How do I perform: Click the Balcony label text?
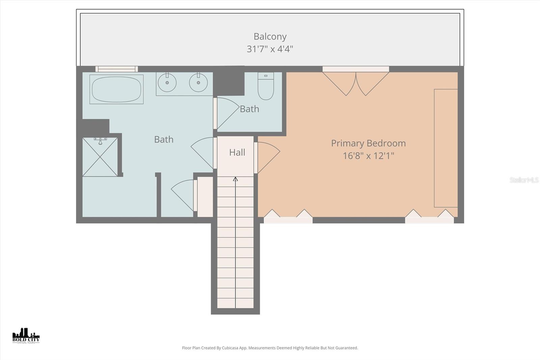coord(270,36)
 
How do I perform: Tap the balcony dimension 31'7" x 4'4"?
coord(270,49)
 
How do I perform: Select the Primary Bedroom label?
coord(368,143)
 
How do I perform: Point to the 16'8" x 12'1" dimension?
coord(368,156)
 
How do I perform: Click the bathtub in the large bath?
coord(116,89)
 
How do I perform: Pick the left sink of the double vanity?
coord(167,82)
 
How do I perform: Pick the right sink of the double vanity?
coord(198,82)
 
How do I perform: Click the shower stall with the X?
coord(100,157)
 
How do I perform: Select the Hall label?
coord(237,153)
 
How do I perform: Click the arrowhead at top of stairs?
coord(235,179)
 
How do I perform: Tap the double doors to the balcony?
coord(356,83)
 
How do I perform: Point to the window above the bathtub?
coord(116,69)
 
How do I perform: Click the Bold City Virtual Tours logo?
coord(26,335)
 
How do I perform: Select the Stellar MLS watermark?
coord(524,180)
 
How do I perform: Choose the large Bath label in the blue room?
coord(164,139)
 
